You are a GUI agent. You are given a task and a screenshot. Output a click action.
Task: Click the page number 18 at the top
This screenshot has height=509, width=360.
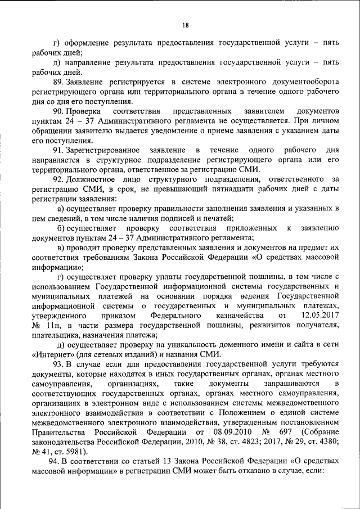point(186,25)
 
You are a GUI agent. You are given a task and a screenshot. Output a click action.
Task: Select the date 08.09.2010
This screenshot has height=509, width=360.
point(200,432)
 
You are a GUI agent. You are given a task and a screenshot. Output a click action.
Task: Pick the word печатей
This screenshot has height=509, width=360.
point(218,218)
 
